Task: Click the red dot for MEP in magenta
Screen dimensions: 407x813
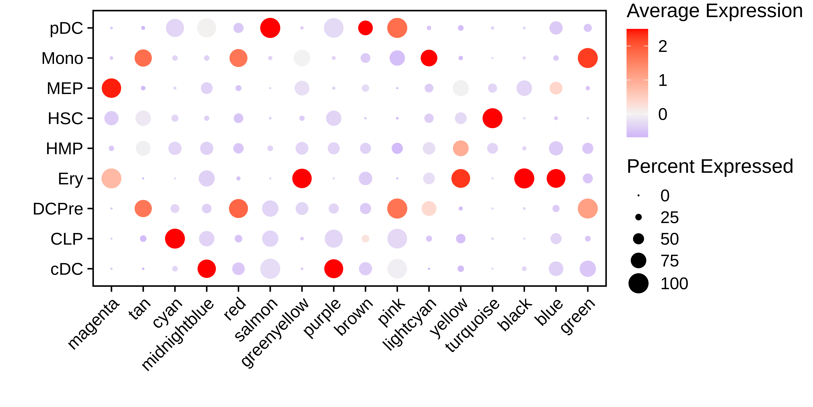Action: pyautogui.click(x=111, y=88)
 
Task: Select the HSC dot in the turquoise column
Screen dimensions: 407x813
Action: pyautogui.click(x=492, y=118)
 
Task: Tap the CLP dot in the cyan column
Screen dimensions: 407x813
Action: pyautogui.click(x=175, y=239)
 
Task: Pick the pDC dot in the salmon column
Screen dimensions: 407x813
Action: pyautogui.click(x=270, y=28)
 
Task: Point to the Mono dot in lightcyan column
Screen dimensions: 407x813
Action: pyautogui.click(x=429, y=58)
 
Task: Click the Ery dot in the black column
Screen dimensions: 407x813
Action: pyautogui.click(x=524, y=178)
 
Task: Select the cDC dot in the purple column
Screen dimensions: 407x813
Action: pyautogui.click(x=334, y=269)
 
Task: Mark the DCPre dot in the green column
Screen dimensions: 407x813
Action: pyautogui.click(x=588, y=209)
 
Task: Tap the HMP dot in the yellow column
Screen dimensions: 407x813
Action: pyautogui.click(x=461, y=148)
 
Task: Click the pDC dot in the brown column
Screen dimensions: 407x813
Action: pyautogui.click(x=365, y=28)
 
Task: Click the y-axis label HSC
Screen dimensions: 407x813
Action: pyautogui.click(x=65, y=118)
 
